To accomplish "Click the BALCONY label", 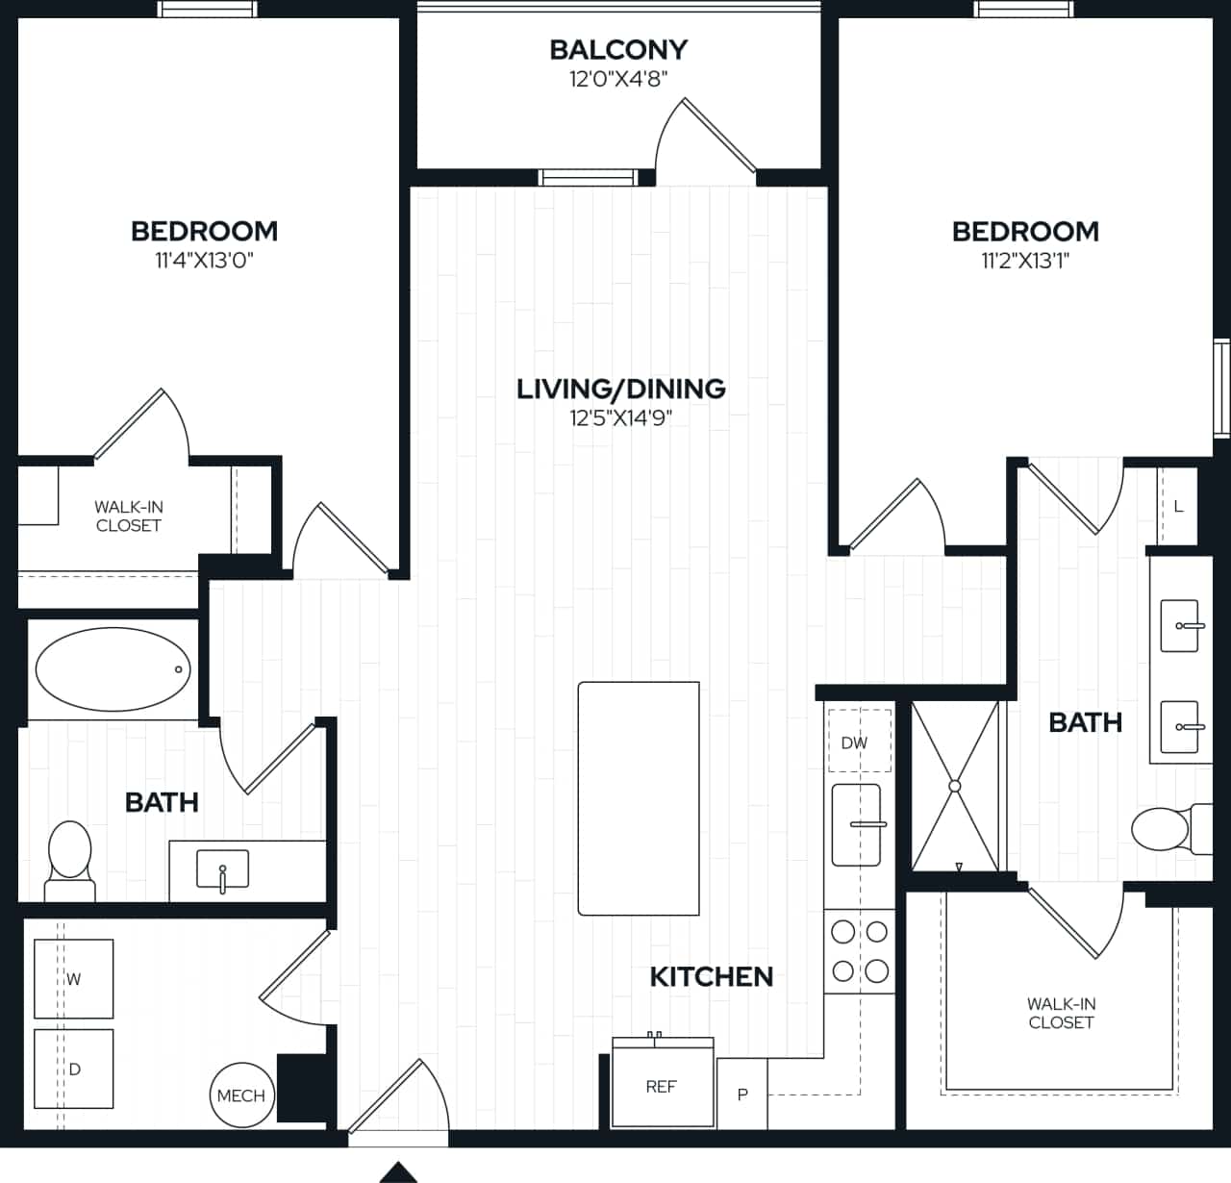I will point(618,49).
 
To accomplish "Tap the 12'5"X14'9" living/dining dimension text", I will point(620,418).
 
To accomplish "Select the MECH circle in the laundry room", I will point(240,1095).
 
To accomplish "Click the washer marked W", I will point(74,979).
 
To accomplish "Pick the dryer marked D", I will point(74,1069).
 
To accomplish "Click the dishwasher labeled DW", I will point(854,742).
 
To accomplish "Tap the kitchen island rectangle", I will point(639,798).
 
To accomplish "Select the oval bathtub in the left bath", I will point(113,669).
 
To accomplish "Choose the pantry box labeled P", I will point(742,1095).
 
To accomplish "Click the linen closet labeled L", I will point(1178,507).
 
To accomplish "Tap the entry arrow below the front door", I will point(398,1172).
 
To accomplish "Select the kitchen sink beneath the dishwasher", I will point(856,824).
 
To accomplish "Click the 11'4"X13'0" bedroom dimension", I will point(204,261).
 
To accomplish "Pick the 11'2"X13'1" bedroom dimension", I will point(1025,261).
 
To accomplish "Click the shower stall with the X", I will point(955,786).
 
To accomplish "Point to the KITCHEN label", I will point(711,977).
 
